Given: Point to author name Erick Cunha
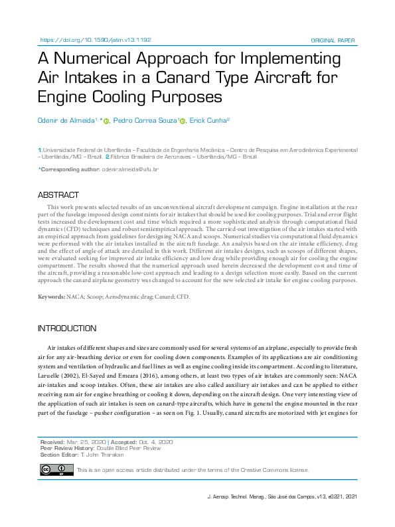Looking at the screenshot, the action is (208, 120).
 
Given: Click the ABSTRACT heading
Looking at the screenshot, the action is (58, 195).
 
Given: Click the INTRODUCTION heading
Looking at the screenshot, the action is (67, 329).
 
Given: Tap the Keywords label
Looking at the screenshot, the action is (51, 296).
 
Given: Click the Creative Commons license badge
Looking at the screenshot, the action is (56, 470).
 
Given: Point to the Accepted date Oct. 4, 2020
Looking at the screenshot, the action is (157, 441).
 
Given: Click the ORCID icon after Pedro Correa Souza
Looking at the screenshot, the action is (183, 121).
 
